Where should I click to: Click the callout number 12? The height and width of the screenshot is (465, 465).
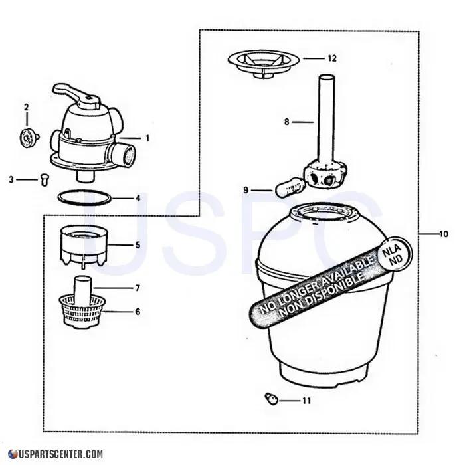331,58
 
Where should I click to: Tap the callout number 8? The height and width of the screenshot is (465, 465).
287,122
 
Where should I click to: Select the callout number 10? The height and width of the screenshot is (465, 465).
444,234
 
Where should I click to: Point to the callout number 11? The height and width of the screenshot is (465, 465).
306,401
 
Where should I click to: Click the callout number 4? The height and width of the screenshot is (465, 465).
138,197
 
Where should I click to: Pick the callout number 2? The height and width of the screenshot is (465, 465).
27,107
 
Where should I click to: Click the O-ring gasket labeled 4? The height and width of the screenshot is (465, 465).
84,197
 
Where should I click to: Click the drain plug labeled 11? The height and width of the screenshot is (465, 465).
270,398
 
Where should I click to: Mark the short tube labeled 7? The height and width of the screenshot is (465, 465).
83,287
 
